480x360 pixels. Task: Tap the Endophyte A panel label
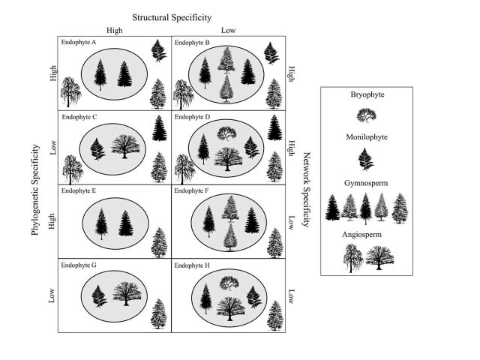coord(79,43)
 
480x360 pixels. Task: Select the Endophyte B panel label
coord(192,43)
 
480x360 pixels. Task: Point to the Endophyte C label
coord(79,117)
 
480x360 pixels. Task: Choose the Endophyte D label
coord(192,117)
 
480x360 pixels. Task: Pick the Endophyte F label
coord(192,191)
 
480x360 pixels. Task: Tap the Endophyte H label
coord(192,265)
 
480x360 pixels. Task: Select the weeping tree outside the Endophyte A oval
coord(69,93)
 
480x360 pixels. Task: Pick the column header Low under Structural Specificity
coord(229,31)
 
